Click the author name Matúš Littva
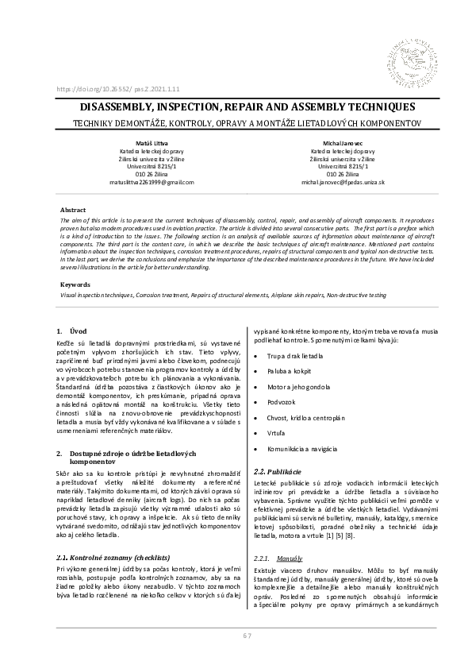click(151, 142)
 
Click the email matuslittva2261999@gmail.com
click(151, 182)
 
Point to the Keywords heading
click(75, 284)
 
